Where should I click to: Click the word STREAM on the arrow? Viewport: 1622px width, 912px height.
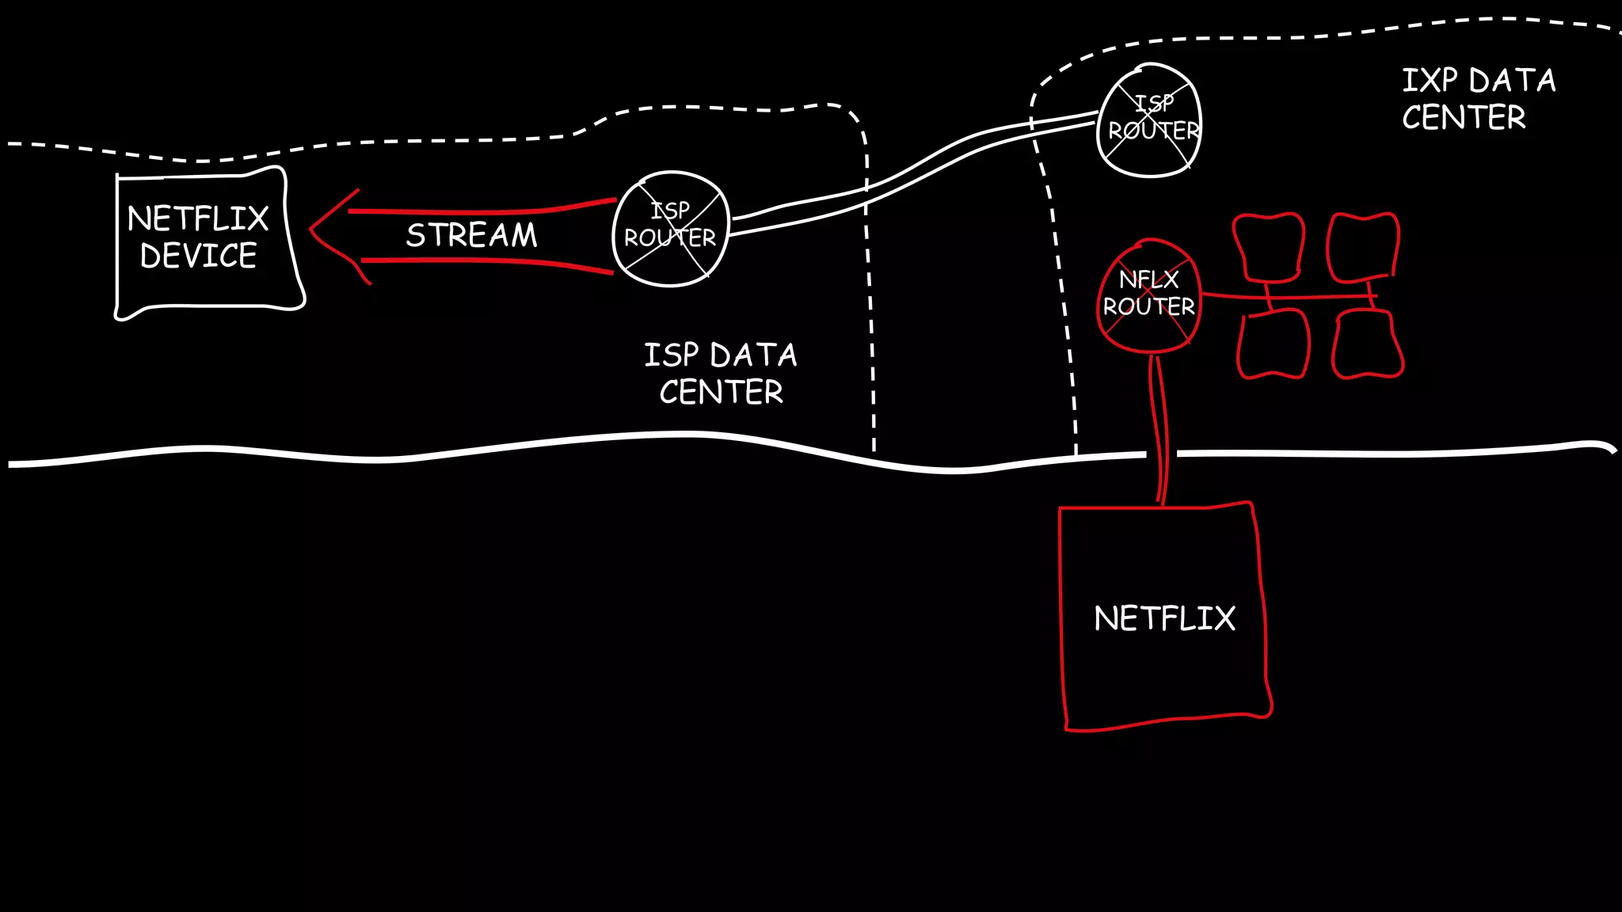471,235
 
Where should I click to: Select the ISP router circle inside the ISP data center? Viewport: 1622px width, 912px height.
670,228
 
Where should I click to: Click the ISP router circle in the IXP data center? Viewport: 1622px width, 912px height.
1150,120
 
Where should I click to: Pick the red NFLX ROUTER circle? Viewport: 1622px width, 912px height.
1149,295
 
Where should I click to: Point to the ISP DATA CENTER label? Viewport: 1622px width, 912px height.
721,373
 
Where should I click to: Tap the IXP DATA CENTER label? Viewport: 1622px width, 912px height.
1478,99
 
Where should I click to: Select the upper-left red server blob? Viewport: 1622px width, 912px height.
1269,246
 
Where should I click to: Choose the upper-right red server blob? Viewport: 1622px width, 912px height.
1363,246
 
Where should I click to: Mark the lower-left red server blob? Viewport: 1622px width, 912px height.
1273,344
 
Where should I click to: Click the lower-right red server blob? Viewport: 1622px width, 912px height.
1367,344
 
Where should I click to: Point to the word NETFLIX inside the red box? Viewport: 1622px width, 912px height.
1164,618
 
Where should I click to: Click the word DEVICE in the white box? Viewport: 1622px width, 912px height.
199,256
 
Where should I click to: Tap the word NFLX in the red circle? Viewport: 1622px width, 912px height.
1148,279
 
